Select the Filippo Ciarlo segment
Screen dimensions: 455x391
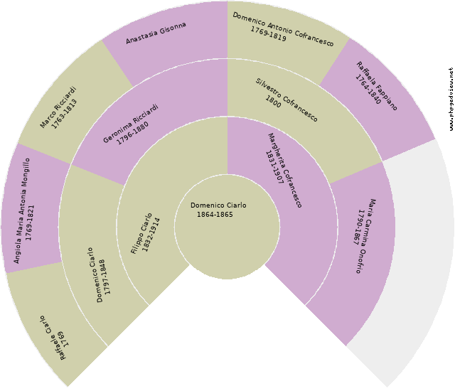coord(146,231)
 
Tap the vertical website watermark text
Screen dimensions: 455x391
coord(451,99)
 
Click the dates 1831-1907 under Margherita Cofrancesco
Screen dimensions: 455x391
coord(274,168)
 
